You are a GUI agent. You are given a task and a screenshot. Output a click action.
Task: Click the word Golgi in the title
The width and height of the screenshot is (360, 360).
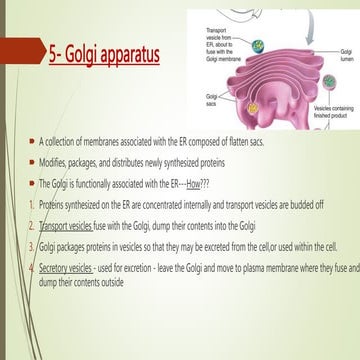[92, 52]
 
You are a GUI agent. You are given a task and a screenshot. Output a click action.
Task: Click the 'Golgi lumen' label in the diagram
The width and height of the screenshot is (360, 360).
[346, 54]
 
